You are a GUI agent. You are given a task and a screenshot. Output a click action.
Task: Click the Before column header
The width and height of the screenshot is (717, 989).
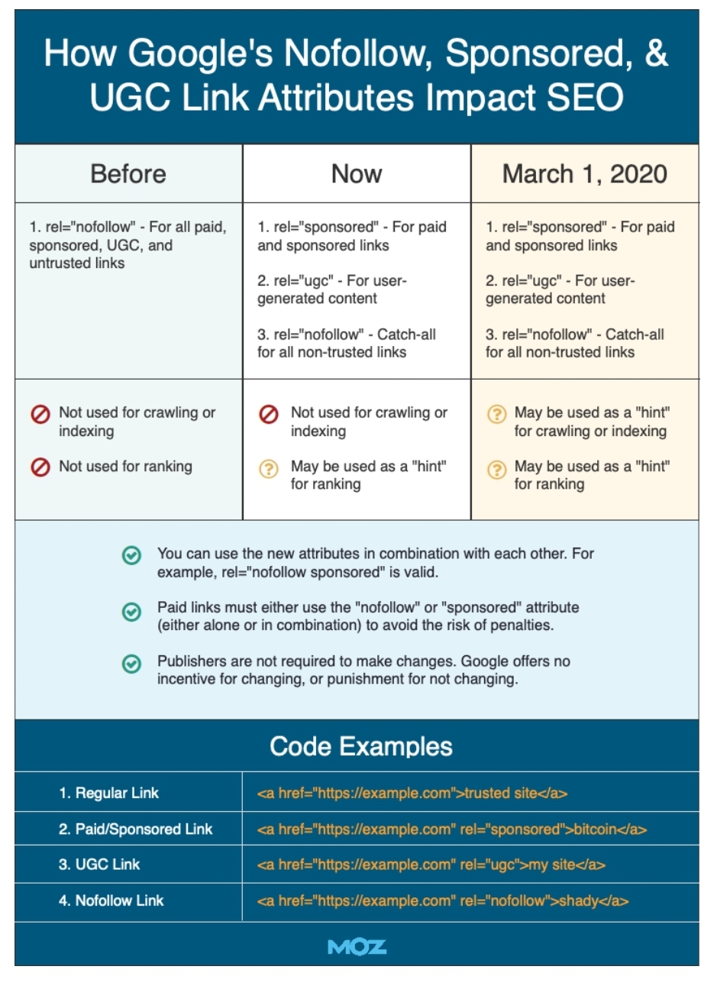[x=128, y=174]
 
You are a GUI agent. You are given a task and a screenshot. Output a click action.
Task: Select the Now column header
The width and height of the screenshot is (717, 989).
[x=357, y=174]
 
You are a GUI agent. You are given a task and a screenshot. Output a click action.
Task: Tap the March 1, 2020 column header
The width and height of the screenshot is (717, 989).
[x=585, y=174]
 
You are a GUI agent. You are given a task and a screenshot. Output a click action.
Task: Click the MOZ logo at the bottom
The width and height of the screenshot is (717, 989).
[x=357, y=947]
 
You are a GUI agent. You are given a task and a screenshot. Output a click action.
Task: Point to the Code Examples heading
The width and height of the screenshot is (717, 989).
[x=360, y=746]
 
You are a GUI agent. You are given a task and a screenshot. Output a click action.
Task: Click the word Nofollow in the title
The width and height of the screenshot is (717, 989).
[x=358, y=53]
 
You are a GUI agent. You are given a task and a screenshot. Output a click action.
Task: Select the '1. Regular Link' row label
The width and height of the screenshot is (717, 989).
[x=108, y=793]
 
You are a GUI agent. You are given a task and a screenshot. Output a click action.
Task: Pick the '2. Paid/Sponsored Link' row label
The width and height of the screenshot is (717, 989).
[x=135, y=829]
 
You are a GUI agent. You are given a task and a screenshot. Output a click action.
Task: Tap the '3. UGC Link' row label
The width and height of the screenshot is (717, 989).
[x=99, y=865]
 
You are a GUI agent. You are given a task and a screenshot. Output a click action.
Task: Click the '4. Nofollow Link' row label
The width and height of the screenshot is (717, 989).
[x=111, y=900]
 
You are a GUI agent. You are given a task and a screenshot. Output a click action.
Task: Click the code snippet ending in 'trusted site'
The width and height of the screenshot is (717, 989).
[x=412, y=793]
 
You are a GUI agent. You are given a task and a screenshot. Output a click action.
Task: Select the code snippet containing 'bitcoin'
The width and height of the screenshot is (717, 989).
[x=452, y=829]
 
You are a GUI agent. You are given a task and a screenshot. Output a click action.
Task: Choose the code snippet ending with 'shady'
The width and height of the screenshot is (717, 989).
[x=443, y=900]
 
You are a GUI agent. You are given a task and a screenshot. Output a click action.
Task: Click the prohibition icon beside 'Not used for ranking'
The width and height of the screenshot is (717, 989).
[x=40, y=467]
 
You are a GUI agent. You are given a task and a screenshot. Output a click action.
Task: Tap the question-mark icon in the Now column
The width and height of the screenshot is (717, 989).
[x=269, y=468]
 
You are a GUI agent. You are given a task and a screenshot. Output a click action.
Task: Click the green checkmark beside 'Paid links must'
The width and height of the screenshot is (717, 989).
[x=131, y=611]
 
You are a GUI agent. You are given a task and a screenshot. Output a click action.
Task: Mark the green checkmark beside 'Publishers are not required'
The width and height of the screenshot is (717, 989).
[x=131, y=664]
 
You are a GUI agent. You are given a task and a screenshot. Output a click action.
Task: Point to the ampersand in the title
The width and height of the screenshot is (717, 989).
[x=654, y=53]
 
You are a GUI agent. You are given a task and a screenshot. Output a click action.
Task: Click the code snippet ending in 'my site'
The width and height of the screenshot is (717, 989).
[x=431, y=865]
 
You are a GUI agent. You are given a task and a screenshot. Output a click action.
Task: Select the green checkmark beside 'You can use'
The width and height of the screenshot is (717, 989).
[x=131, y=556]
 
